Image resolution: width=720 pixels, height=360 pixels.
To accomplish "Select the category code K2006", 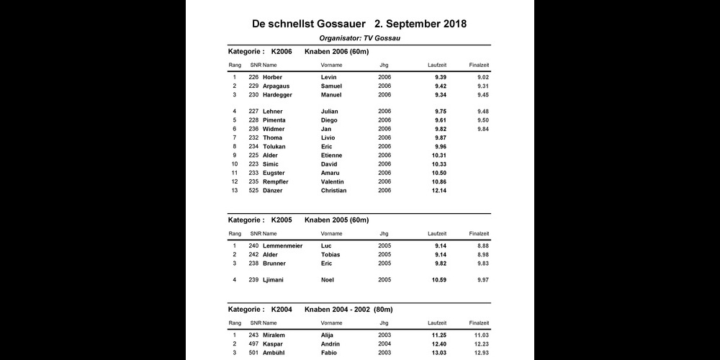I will tap(282, 52).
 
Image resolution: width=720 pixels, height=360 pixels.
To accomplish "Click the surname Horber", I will tap(273, 77).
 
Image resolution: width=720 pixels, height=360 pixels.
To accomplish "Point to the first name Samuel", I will tap(332, 86).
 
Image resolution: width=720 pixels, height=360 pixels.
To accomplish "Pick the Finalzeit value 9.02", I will tap(483, 77).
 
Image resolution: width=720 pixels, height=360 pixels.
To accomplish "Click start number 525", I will tap(253, 191).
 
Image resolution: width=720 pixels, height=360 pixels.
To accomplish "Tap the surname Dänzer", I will tap(274, 191).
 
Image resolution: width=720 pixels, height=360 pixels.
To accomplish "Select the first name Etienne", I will tap(332, 156).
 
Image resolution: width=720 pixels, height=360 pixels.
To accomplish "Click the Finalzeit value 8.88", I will tap(483, 246).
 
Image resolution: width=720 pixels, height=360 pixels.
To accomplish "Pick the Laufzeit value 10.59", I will tap(438, 279).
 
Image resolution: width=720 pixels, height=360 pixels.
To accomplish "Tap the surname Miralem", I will tap(275, 335).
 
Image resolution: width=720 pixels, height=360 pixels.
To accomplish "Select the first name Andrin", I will tap(330, 343).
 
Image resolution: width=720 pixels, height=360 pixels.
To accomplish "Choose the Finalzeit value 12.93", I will tap(482, 352).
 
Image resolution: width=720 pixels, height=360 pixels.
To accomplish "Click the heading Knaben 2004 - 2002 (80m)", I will tap(348, 309).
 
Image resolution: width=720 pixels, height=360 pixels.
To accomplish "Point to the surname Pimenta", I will tap(274, 120).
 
